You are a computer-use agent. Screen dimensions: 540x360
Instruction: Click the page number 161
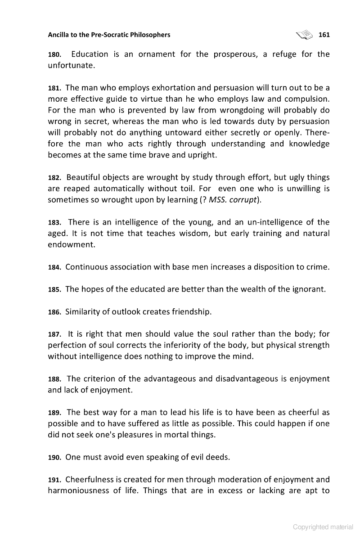pos(324,35)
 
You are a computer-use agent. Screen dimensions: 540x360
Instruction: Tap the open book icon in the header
pos(304,34)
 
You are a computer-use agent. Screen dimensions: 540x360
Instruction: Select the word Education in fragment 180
pos(90,54)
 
